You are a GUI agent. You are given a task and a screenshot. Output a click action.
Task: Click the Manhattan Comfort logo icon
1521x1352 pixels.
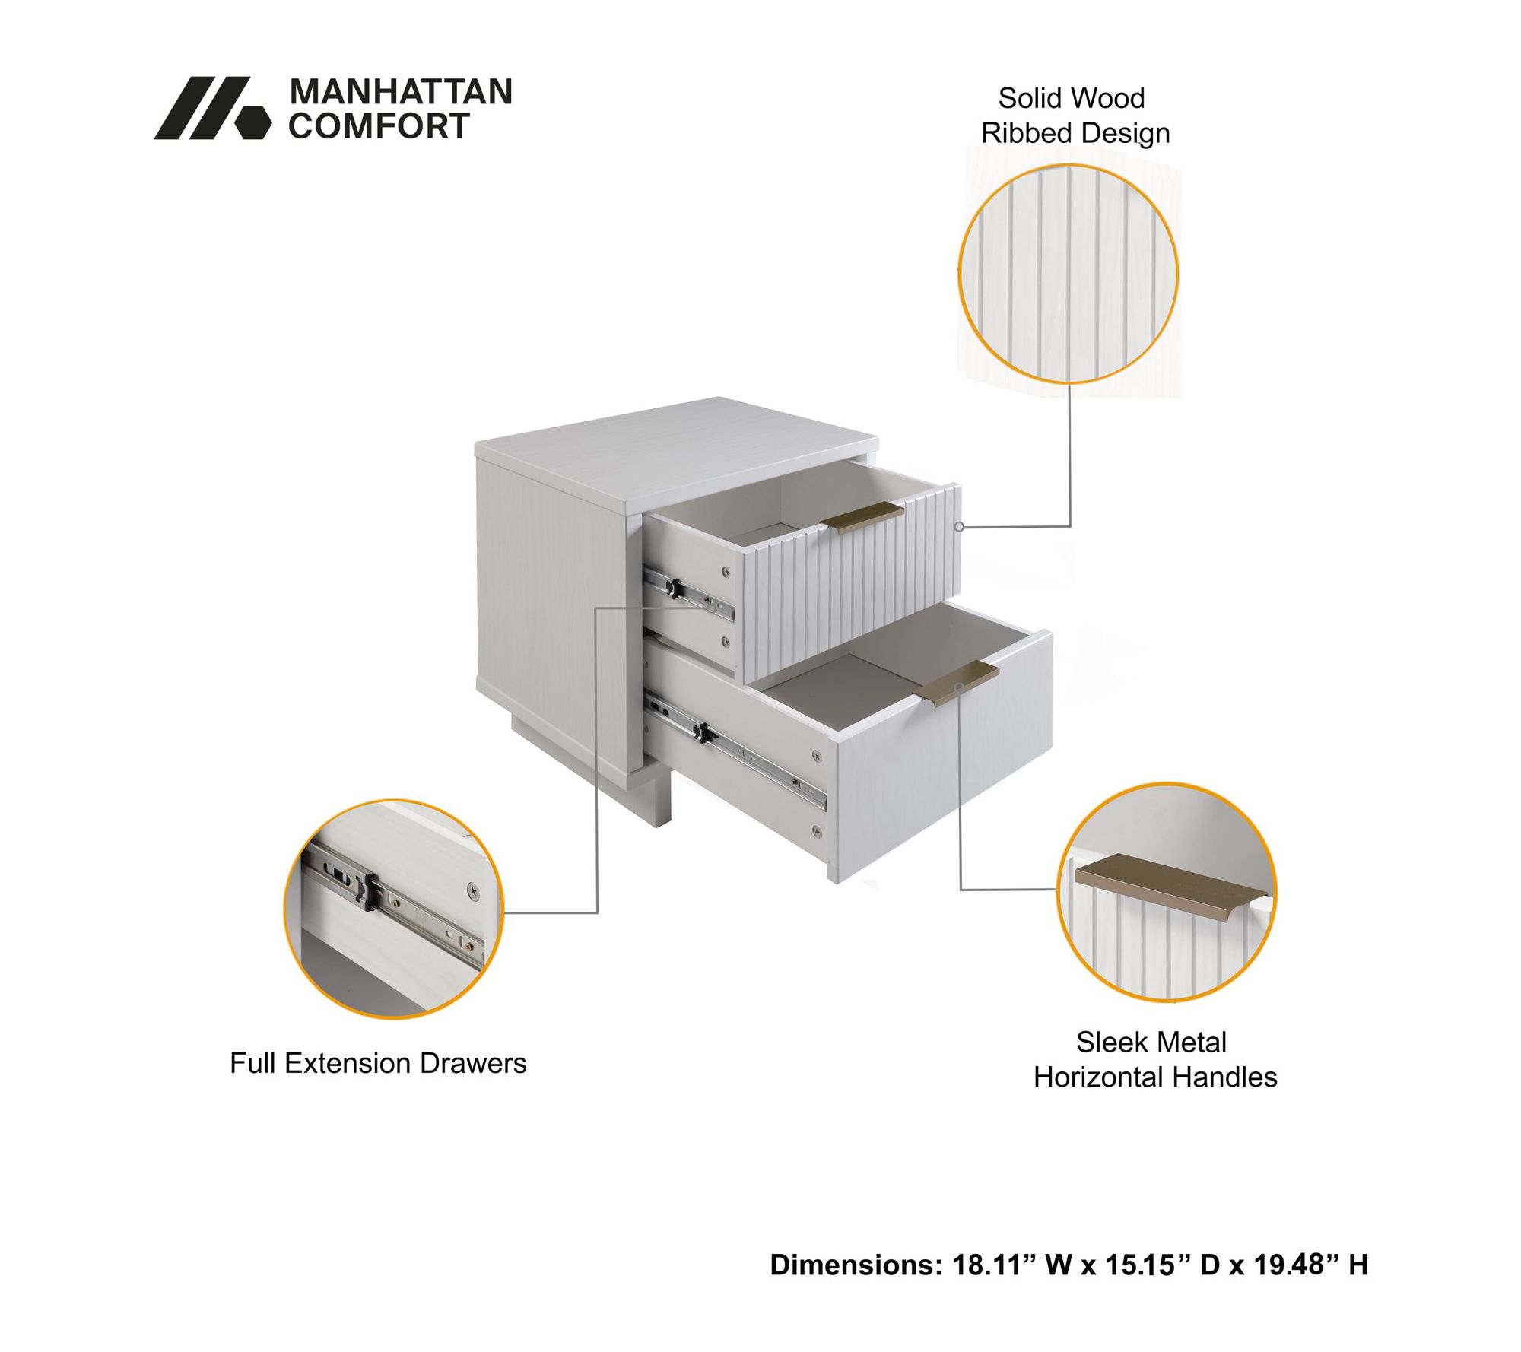point(212,108)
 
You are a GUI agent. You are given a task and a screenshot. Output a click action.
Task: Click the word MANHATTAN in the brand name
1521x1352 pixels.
point(401,92)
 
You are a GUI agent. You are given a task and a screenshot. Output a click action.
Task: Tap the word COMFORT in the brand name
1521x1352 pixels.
point(379,126)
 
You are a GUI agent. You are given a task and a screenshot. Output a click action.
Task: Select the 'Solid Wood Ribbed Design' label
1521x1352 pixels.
point(1074,116)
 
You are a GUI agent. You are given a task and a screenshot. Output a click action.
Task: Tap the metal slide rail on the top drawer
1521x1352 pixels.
point(689,592)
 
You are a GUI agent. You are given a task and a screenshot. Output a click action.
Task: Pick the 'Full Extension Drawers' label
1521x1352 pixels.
point(378,1064)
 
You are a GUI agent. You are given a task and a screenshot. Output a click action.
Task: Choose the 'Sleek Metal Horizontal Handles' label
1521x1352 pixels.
point(1154,1060)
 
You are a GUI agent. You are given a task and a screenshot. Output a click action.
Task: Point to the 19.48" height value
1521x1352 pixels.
point(1297,1265)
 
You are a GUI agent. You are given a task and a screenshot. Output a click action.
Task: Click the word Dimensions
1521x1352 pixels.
point(856,1265)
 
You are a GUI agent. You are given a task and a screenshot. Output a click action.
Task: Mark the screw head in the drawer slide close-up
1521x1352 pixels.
point(473,888)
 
